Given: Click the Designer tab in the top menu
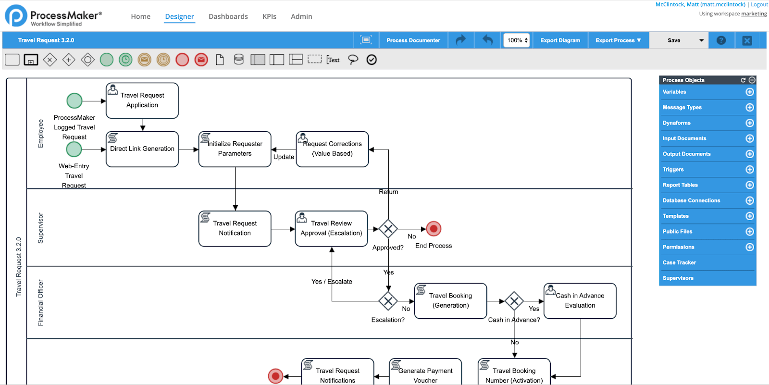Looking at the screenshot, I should point(179,16).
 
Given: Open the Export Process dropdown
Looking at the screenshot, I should point(618,40).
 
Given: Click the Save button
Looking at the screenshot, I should point(674,40).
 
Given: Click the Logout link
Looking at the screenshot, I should point(759,4).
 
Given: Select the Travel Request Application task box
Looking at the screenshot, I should point(142,100).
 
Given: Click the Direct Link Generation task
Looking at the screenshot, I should point(142,149).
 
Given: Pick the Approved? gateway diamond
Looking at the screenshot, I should point(388,229).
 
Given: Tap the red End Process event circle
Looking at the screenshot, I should point(434,229).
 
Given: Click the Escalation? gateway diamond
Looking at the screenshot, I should point(388,301).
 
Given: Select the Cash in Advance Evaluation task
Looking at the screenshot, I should point(580,301).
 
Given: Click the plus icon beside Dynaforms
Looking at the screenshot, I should point(749,123).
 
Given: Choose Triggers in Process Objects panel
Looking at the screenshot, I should point(673,170).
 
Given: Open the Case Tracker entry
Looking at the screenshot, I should point(679,262).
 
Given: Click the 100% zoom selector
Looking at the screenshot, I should point(517,40).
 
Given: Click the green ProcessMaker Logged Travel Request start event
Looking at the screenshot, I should point(74,101).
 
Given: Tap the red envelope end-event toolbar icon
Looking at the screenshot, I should point(201,60).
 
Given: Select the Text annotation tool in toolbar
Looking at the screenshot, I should point(333,60).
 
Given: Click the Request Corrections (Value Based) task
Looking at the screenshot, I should point(333,149).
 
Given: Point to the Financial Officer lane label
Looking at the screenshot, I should point(40,302).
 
